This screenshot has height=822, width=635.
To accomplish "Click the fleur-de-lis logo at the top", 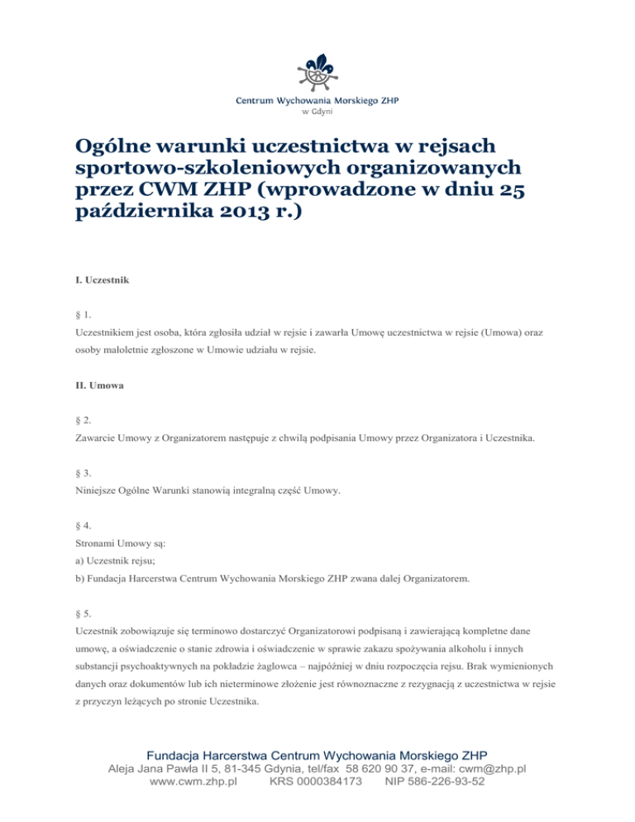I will coord(317,72).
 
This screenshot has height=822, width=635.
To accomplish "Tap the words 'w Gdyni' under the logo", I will coord(317,112).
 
